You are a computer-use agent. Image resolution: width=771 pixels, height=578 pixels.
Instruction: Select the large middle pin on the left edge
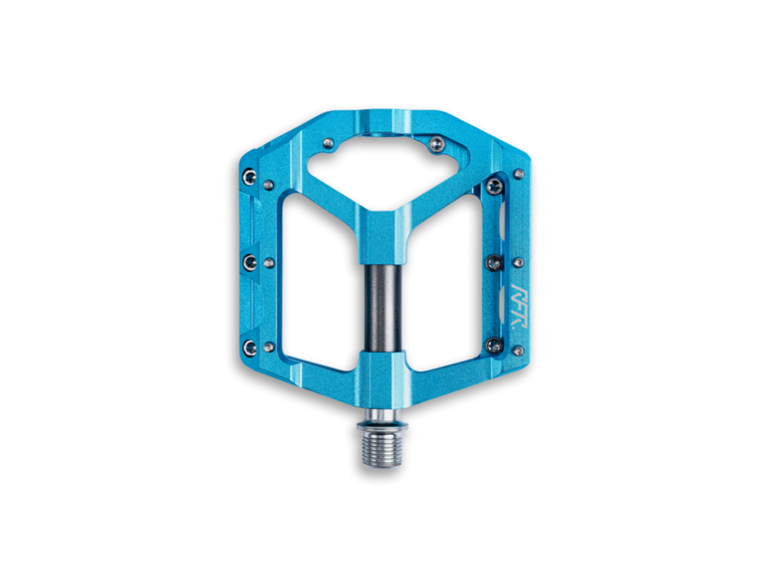coord(251,262)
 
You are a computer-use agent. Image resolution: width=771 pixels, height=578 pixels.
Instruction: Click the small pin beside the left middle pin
coord(269,262)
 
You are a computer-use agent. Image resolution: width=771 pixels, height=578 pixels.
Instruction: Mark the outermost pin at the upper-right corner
coord(519,176)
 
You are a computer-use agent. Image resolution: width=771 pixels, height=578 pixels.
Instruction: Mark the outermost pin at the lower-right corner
coord(519,347)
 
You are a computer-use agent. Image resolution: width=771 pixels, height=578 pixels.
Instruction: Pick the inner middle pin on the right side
coord(494,262)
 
